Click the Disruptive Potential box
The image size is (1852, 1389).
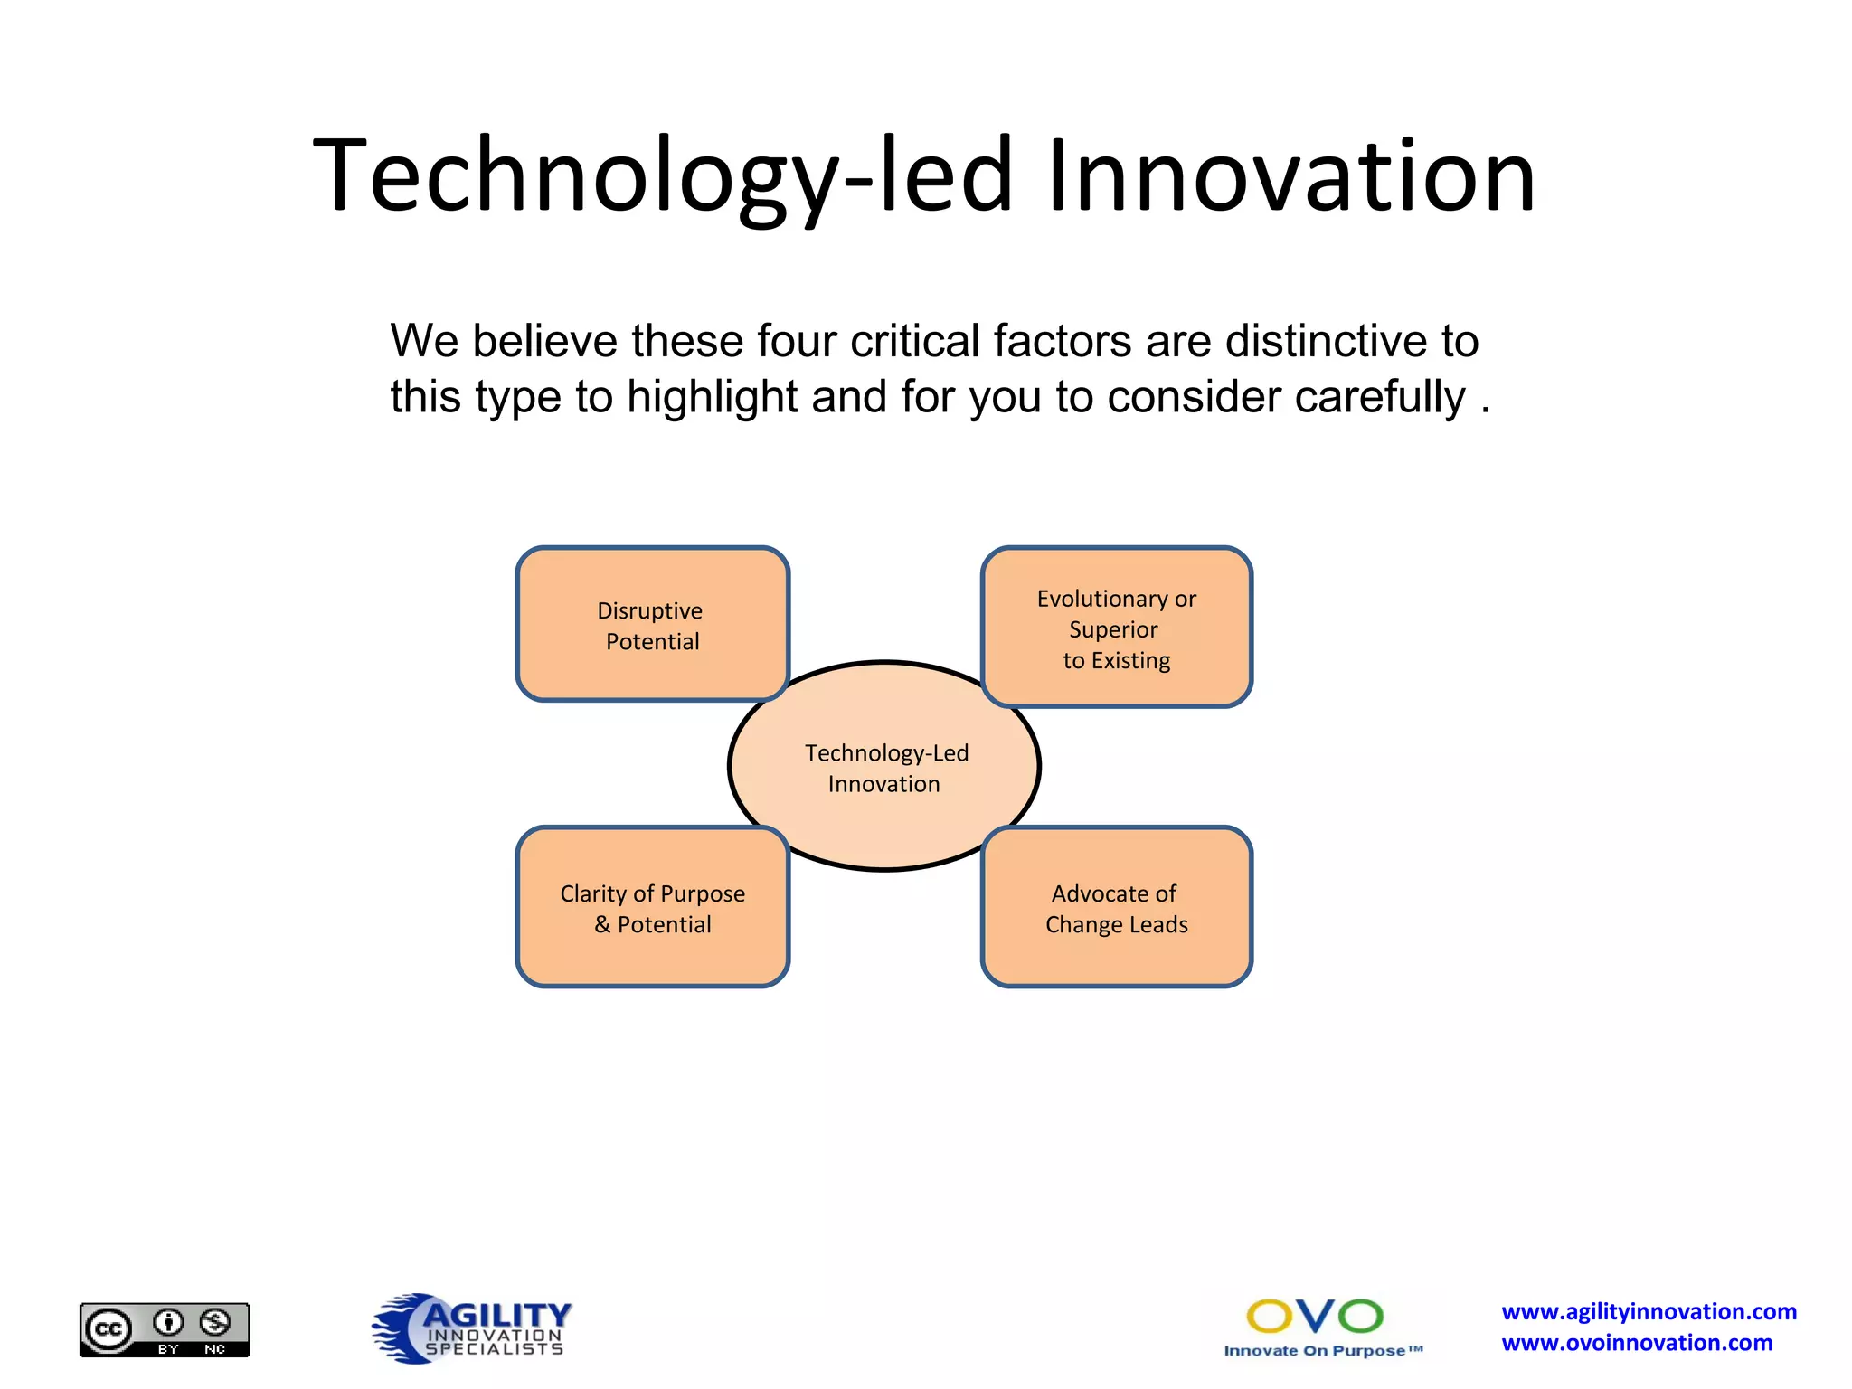coord(652,625)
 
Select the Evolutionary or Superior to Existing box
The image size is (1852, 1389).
coord(1116,628)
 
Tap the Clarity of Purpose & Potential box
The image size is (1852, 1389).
coord(652,907)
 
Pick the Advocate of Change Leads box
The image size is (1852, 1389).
coord(1116,907)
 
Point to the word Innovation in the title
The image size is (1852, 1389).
coord(1290,175)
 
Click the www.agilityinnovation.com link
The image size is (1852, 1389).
coord(1649,1311)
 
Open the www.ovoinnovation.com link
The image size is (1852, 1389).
coord(1637,1343)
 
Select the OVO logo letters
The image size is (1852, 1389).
coord(1315,1317)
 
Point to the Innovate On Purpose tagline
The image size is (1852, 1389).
coord(1323,1351)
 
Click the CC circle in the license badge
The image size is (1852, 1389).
coord(109,1330)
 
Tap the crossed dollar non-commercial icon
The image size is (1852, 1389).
coord(215,1323)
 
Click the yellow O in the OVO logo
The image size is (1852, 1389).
coord(1270,1317)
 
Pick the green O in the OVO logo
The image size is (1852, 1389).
coord(1360,1317)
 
